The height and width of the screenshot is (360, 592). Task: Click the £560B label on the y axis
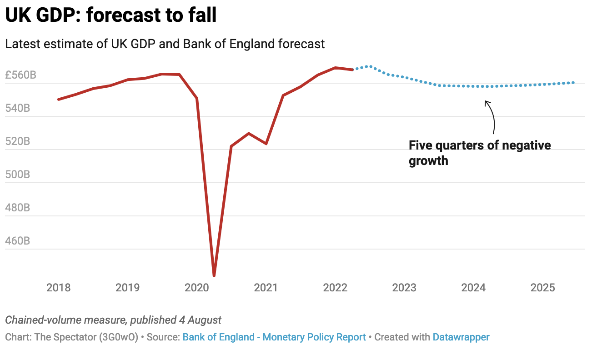tap(20, 75)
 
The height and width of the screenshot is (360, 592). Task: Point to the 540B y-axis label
tap(18, 108)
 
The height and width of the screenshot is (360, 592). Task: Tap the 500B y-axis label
tap(18, 175)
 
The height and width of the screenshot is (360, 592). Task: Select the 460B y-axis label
tap(18, 241)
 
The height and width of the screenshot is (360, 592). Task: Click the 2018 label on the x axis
tap(59, 288)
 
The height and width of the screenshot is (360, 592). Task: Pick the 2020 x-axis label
tap(197, 288)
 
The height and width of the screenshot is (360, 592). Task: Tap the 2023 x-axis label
tap(404, 288)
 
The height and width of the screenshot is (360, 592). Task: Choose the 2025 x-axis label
tap(543, 288)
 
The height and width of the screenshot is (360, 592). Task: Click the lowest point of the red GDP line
tap(214, 275)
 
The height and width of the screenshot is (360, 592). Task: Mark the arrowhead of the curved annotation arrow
tap(486, 101)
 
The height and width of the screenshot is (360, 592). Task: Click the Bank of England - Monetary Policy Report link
tap(274, 337)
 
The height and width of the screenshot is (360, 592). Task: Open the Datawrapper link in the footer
tap(461, 337)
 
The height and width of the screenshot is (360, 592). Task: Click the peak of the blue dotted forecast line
tap(369, 66)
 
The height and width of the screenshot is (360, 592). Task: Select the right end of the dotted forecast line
tap(573, 83)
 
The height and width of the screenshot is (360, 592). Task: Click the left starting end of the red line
tap(59, 99)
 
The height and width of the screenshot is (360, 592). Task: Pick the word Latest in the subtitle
tap(20, 44)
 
